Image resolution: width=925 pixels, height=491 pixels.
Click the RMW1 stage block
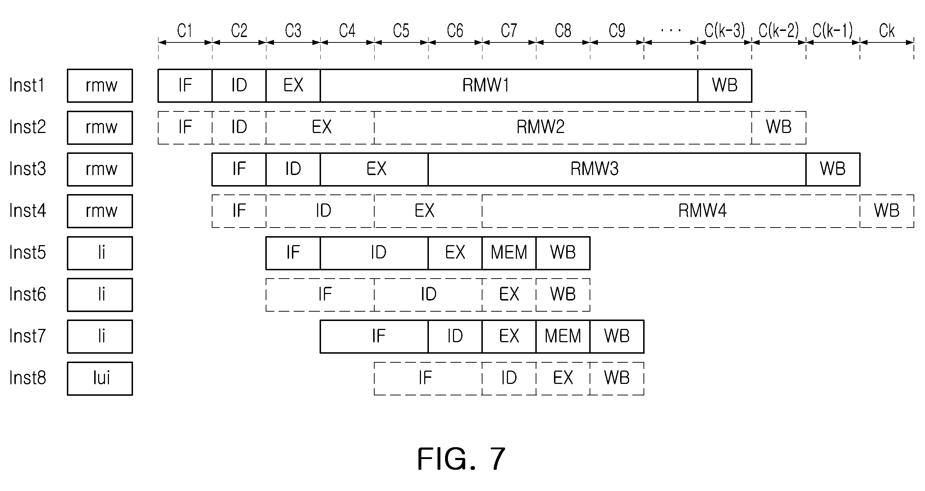[x=509, y=86]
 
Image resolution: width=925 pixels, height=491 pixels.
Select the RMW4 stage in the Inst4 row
[x=671, y=211]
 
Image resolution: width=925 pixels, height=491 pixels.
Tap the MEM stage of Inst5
[x=509, y=253]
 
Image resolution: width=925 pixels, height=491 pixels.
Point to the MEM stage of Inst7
[x=563, y=336]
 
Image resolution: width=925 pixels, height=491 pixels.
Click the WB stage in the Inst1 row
[x=725, y=86]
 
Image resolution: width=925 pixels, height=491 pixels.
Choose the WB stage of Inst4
[x=887, y=211]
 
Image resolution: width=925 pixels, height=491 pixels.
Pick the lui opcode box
[x=100, y=378]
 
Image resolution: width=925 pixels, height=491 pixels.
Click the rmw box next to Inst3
[x=100, y=169]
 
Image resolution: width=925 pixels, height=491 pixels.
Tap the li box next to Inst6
[x=100, y=295]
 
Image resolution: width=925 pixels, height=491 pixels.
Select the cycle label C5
[x=401, y=31]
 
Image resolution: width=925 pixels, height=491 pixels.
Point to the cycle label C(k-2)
[x=779, y=31]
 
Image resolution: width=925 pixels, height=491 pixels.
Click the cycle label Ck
[x=887, y=31]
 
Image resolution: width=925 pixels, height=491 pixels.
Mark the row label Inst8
[x=28, y=378]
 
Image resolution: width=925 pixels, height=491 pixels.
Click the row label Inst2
[x=28, y=127]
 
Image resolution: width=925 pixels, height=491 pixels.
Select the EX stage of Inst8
[x=563, y=378]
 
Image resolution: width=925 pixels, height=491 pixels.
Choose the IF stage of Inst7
[x=374, y=336]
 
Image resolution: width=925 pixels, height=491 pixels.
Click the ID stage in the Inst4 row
[x=320, y=211]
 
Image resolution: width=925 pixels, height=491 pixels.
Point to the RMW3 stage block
[x=617, y=169]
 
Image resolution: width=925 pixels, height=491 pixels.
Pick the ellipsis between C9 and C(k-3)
[x=671, y=31]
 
